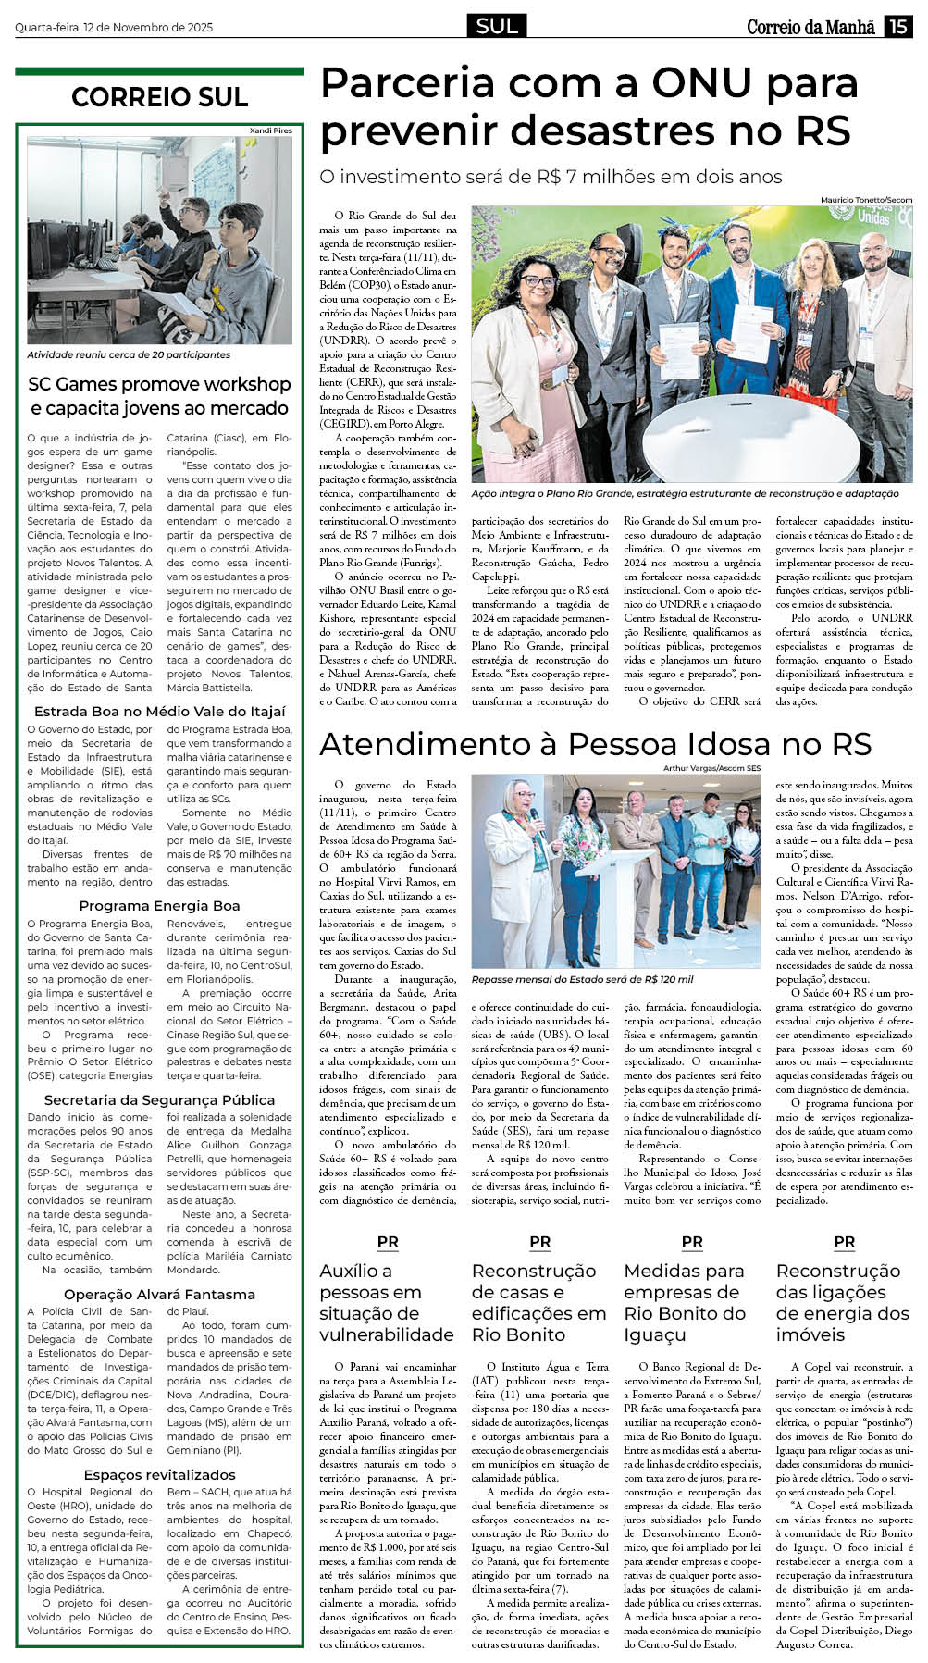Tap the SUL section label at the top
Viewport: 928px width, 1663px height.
click(497, 26)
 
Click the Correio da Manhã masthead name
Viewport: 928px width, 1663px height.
click(810, 27)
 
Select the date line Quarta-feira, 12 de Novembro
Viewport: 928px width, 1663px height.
click(114, 28)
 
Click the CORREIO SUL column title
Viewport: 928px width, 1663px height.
click(159, 97)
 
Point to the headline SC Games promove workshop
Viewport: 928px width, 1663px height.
click(159, 384)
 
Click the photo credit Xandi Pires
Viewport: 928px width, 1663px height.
click(270, 130)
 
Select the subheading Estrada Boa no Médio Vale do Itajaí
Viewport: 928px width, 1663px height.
click(159, 712)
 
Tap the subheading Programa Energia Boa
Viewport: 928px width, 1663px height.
click(159, 906)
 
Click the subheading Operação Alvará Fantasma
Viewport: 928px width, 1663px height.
click(159, 1294)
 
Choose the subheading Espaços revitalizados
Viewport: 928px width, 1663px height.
click(159, 1474)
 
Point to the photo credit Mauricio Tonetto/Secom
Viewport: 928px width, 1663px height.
click(866, 200)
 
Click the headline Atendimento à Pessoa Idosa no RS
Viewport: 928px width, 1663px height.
click(596, 744)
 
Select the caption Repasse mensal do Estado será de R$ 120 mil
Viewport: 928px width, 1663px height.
click(582, 979)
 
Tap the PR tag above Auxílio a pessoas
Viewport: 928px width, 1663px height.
click(388, 1242)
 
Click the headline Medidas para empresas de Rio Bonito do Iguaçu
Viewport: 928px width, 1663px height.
click(685, 1302)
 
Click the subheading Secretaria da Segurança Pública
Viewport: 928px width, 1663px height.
click(159, 1100)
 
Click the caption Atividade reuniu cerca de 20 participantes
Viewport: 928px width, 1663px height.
click(129, 354)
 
